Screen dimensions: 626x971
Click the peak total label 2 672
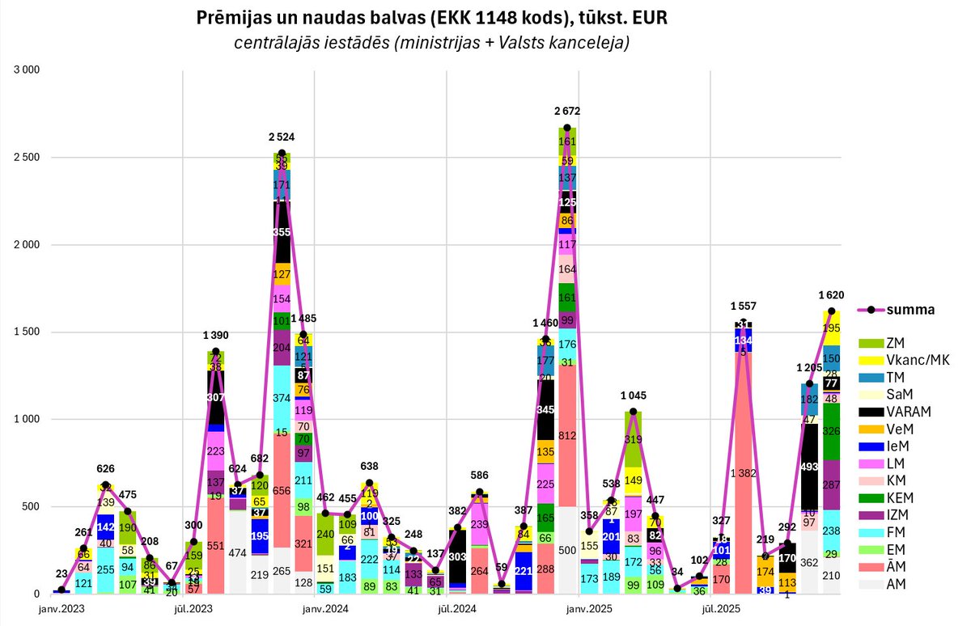pyautogui.click(x=566, y=111)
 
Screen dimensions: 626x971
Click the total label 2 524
pyautogui.click(x=281, y=137)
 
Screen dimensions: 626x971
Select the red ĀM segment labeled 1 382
pyautogui.click(x=743, y=472)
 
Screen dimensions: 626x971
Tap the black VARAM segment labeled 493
pyautogui.click(x=809, y=465)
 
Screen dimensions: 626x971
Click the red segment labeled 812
pyautogui.click(x=567, y=436)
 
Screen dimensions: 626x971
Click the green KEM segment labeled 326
pyautogui.click(x=831, y=431)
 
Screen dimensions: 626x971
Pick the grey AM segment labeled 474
pyautogui.click(x=237, y=552)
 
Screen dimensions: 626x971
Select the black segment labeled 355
pyautogui.click(x=282, y=231)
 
